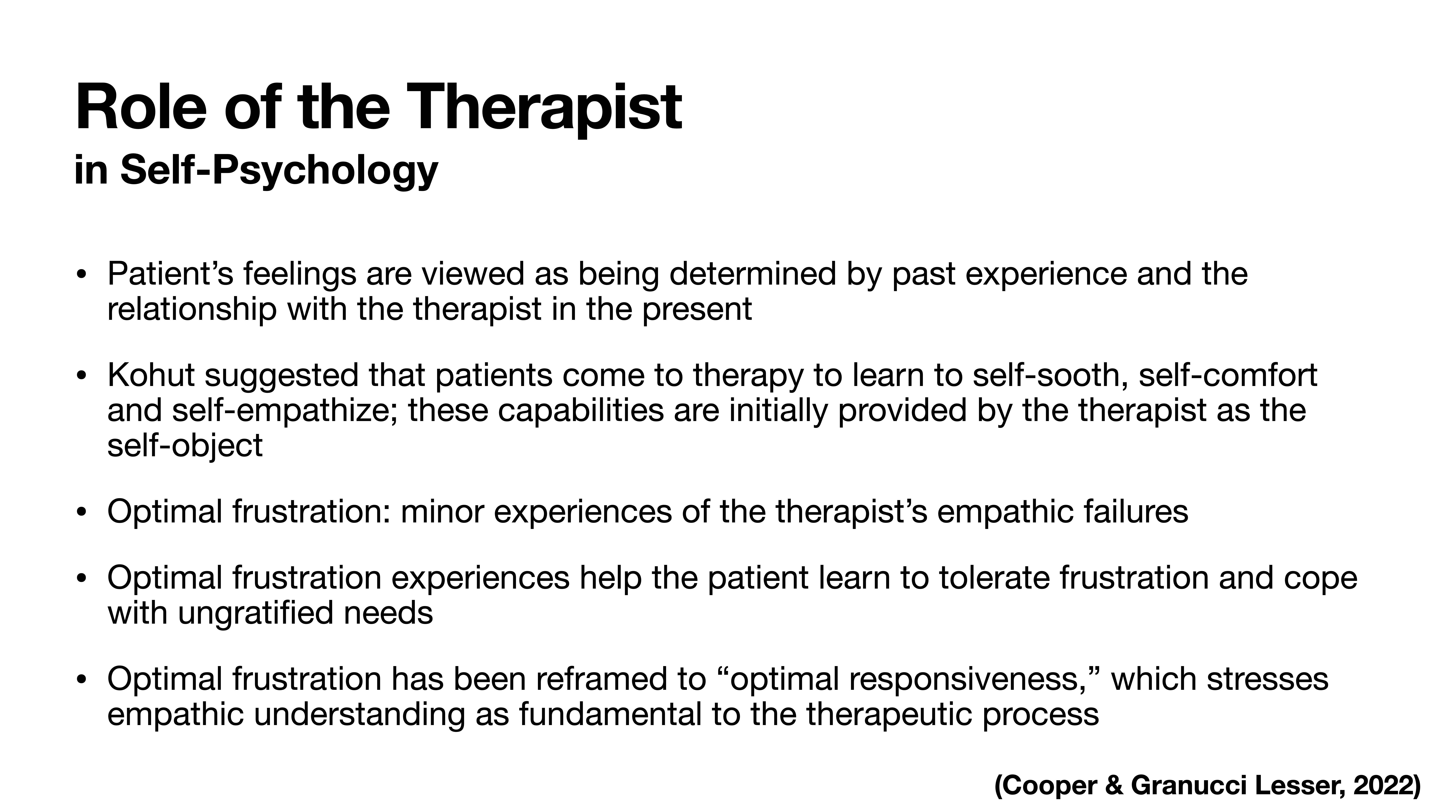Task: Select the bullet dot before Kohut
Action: tap(82, 376)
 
